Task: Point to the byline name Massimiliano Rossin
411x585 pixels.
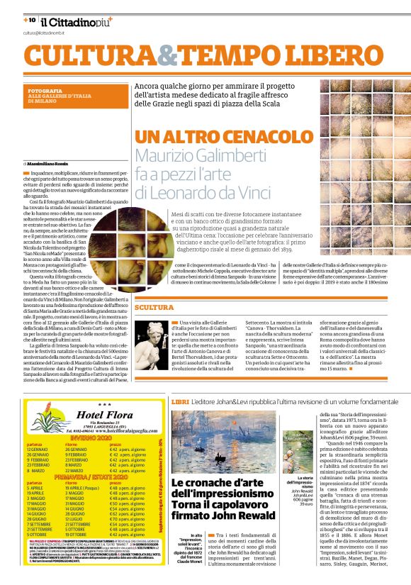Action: pyautogui.click(x=50, y=165)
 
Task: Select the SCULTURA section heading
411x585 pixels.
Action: pyautogui.click(x=154, y=308)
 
